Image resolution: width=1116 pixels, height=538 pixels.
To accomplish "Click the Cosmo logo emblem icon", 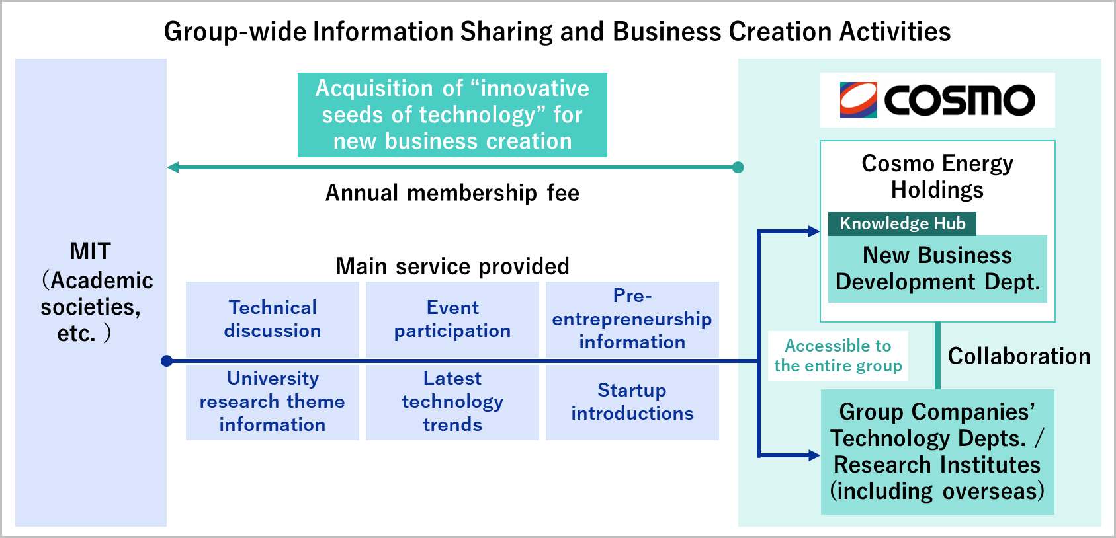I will [x=858, y=100].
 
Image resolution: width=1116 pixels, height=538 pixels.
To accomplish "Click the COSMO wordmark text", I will [x=959, y=100].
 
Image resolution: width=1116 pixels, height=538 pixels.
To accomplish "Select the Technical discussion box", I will [x=273, y=319].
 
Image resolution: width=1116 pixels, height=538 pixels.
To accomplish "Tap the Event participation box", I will [x=452, y=319].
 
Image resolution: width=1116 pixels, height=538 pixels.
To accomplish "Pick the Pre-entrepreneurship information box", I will [x=632, y=319].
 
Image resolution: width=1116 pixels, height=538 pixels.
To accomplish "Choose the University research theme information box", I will [x=273, y=402].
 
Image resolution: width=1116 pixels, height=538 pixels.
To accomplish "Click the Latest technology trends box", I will [x=452, y=402].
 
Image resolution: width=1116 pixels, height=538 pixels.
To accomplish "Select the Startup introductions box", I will [x=632, y=402].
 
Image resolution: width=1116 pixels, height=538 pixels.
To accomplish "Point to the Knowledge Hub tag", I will [x=902, y=223].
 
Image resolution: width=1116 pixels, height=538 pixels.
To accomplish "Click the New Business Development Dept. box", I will [x=937, y=269].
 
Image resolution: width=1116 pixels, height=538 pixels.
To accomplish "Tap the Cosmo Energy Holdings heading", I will [x=937, y=176].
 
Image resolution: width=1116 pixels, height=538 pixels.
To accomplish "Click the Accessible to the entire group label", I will [x=837, y=356].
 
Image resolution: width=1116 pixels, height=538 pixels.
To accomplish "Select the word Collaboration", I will [x=1019, y=356].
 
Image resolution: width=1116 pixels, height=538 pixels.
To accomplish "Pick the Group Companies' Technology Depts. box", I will [x=937, y=451].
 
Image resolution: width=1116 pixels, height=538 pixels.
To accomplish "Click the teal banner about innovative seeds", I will [x=452, y=115].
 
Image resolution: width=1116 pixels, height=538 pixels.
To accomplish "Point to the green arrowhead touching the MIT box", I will [x=173, y=167].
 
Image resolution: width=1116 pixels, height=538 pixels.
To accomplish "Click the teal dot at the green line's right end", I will [x=738, y=167].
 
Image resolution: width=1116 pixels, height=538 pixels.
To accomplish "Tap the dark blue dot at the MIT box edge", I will [x=167, y=361].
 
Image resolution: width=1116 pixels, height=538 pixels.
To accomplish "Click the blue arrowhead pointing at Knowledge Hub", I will [x=814, y=231].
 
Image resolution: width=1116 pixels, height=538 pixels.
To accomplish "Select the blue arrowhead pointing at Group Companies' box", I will [x=814, y=455].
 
